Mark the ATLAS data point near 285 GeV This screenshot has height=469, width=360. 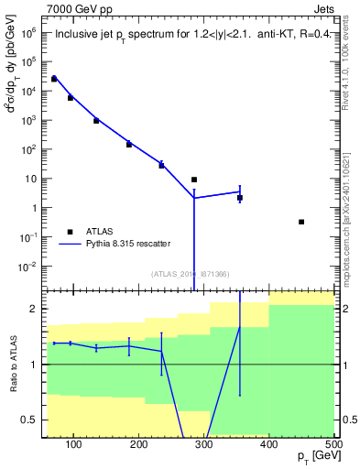[194, 180]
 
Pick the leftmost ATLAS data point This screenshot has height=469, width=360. [54, 79]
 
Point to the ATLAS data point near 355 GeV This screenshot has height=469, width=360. [240, 198]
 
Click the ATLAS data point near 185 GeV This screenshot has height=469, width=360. [129, 144]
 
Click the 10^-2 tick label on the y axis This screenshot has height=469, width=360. [29, 267]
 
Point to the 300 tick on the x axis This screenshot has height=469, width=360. [204, 446]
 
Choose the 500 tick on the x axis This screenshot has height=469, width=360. [333, 446]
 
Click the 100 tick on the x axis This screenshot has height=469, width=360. [75, 446]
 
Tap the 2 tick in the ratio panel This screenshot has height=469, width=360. [34, 309]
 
